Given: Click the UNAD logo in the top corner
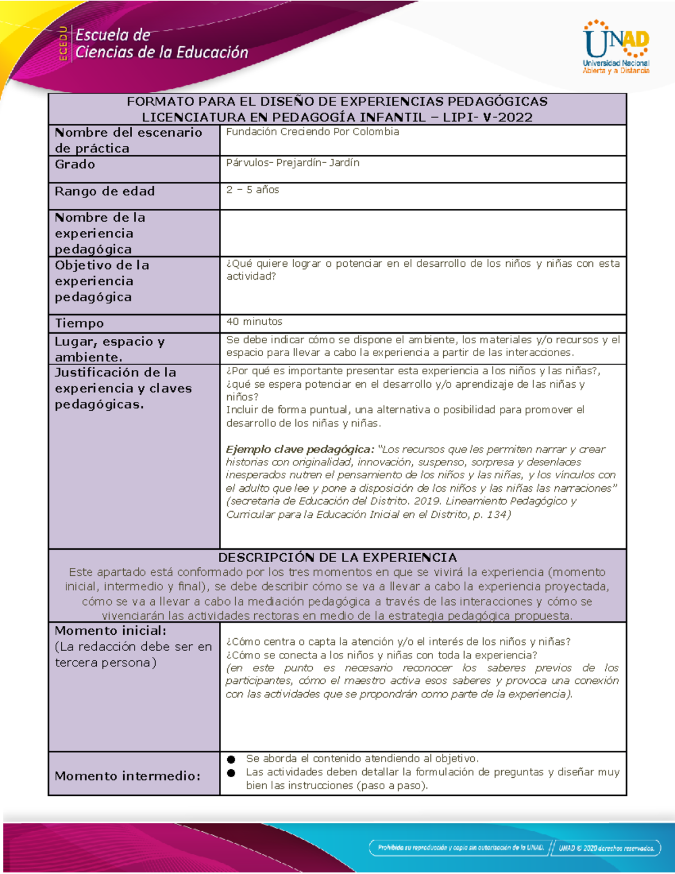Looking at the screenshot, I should coord(616,47).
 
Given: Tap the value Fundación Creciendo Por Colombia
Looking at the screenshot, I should coord(312,132).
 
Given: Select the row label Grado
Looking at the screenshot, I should coord(75,164).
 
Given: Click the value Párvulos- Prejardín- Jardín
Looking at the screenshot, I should coord(292,163).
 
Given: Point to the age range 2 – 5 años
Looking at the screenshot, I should coord(253,190).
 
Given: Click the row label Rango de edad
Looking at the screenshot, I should coord(105,191).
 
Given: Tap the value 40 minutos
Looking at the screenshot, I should coord(254,321).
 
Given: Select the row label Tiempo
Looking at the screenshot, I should coord(79,323).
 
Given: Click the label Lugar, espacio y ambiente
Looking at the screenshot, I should coord(109,349).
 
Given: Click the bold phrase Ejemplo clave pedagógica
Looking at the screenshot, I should coord(299,449).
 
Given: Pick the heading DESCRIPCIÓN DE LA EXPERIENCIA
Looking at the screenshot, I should coord(337,557).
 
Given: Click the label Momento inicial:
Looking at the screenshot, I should coord(110,630).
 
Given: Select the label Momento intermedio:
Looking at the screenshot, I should coord(128,776).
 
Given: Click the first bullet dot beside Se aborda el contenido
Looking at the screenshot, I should coord(231,759).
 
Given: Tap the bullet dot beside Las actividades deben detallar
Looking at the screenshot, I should coord(231,773).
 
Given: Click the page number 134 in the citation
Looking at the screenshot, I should coord(496,514).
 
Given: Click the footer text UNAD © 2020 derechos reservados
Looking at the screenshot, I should coord(606,848).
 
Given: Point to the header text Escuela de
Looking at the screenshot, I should coord(112,35).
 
